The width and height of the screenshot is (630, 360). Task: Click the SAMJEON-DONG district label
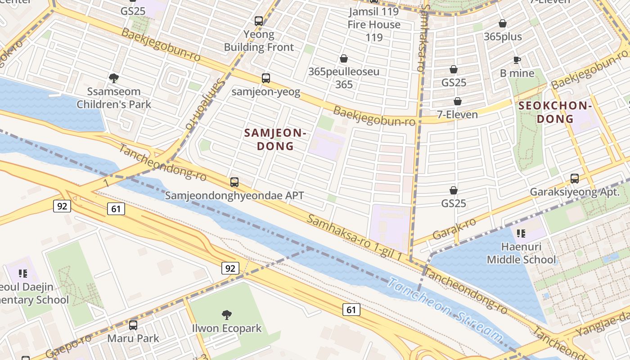(275, 139)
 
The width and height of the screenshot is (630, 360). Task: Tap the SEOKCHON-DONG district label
(554, 112)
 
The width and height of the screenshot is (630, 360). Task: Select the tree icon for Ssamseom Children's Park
(114, 78)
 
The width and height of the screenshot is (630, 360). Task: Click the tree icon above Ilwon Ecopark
(227, 315)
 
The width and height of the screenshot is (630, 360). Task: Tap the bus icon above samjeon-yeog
(266, 78)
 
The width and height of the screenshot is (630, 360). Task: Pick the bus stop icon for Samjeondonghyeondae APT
(234, 182)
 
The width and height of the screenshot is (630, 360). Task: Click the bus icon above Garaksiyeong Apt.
(575, 179)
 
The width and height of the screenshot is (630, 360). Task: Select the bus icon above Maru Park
(133, 325)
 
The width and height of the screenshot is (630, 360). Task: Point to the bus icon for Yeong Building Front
(259, 21)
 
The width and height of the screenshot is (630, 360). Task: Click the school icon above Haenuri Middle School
(521, 233)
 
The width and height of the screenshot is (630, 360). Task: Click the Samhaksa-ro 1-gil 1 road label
(354, 237)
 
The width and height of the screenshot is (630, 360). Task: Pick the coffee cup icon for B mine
(517, 60)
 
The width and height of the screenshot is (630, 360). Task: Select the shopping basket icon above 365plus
(503, 23)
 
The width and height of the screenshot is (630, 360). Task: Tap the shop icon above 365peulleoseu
(344, 58)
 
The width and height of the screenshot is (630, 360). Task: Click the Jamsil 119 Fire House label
(373, 18)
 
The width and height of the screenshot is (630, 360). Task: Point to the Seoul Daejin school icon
(23, 274)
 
